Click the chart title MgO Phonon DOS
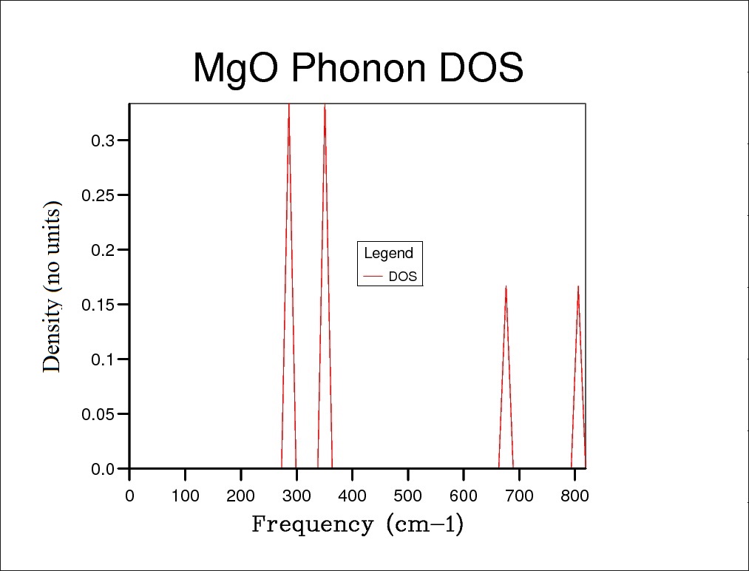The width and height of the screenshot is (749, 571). [x=358, y=69]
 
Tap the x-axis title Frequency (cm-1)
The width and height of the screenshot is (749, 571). [x=358, y=524]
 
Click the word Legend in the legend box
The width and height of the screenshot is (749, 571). [x=388, y=254]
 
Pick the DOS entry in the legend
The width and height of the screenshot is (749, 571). [x=402, y=277]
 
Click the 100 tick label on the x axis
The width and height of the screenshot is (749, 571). [x=185, y=496]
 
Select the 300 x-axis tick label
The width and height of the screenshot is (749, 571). [x=296, y=496]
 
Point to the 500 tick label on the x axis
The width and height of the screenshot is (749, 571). [x=408, y=496]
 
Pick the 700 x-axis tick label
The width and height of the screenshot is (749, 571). [x=519, y=496]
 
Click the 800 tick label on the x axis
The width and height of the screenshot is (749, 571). [x=575, y=496]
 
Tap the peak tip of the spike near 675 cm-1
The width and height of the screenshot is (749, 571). [x=506, y=286]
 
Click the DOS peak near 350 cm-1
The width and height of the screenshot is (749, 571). [x=325, y=106]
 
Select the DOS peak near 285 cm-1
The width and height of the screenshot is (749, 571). [x=288, y=106]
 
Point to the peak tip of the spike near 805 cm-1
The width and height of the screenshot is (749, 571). [x=578, y=286]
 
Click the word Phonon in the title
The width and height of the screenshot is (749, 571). [x=358, y=69]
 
